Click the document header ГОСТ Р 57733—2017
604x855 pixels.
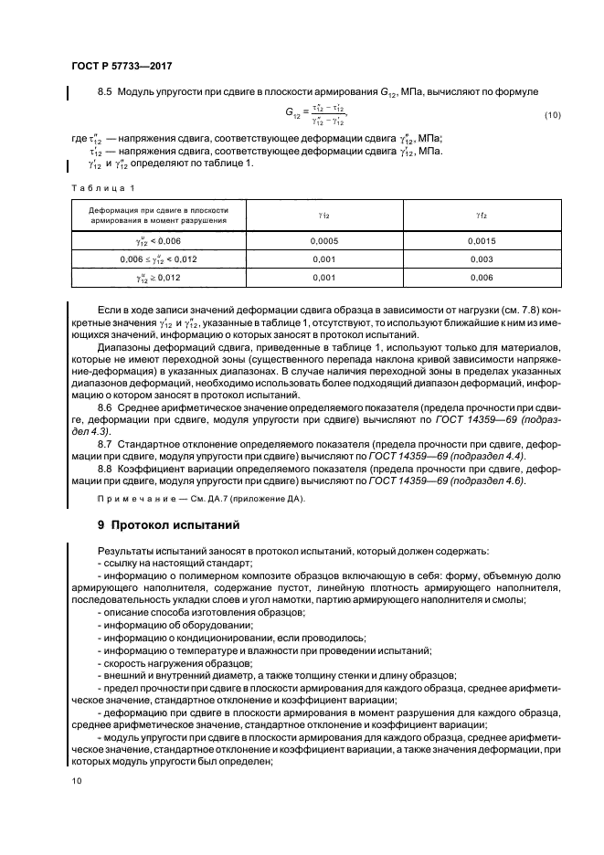pyautogui.click(x=122, y=67)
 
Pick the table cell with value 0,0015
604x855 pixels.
pyautogui.click(x=481, y=239)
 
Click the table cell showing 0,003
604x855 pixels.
pyautogui.click(x=481, y=259)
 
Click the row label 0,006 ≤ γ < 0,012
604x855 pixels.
pyautogui.click(x=158, y=259)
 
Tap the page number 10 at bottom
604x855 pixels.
pyautogui.click(x=76, y=781)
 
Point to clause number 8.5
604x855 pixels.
pyautogui.click(x=104, y=91)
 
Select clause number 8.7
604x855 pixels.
pyautogui.click(x=105, y=442)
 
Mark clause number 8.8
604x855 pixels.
pyautogui.click(x=105, y=467)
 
